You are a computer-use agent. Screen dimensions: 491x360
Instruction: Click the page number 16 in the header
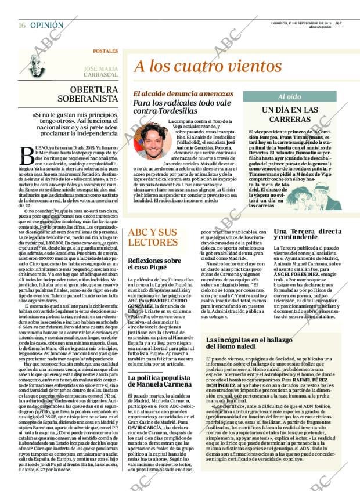[21, 26]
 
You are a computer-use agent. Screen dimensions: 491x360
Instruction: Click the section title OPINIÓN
[46, 26]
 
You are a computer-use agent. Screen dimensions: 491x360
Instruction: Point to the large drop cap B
[27, 155]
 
